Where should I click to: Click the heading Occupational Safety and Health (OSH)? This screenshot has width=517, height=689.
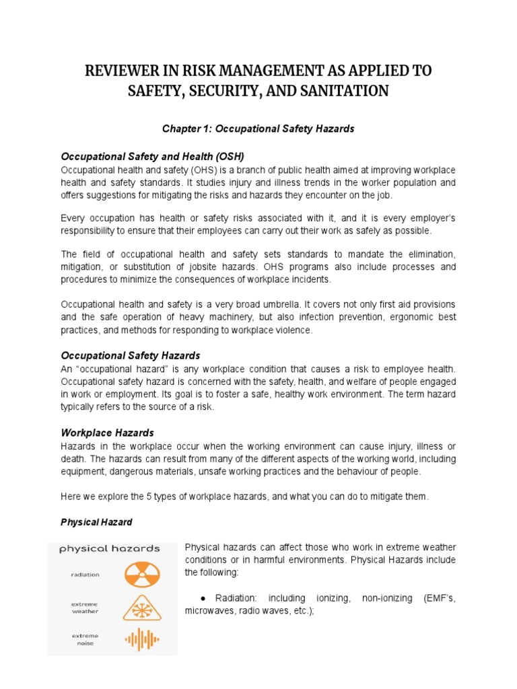click(x=152, y=156)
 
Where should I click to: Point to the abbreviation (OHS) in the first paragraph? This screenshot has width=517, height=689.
click(x=210, y=170)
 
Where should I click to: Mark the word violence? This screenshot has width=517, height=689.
click(x=294, y=330)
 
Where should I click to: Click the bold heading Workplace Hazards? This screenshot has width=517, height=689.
click(x=108, y=432)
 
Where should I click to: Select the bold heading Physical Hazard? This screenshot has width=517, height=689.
click(x=96, y=522)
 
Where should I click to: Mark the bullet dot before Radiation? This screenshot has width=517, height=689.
click(x=203, y=598)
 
